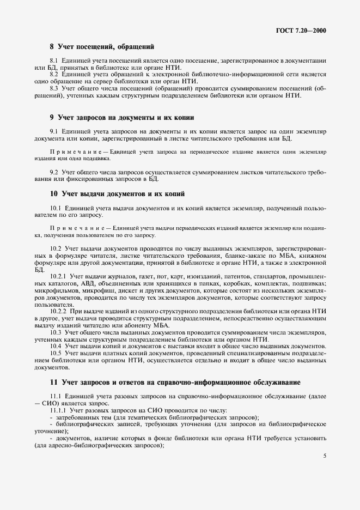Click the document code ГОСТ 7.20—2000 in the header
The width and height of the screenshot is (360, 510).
302,31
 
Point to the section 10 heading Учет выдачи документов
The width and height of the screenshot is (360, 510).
117,193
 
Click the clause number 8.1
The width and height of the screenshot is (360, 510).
54,60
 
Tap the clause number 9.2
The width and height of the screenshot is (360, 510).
54,172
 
